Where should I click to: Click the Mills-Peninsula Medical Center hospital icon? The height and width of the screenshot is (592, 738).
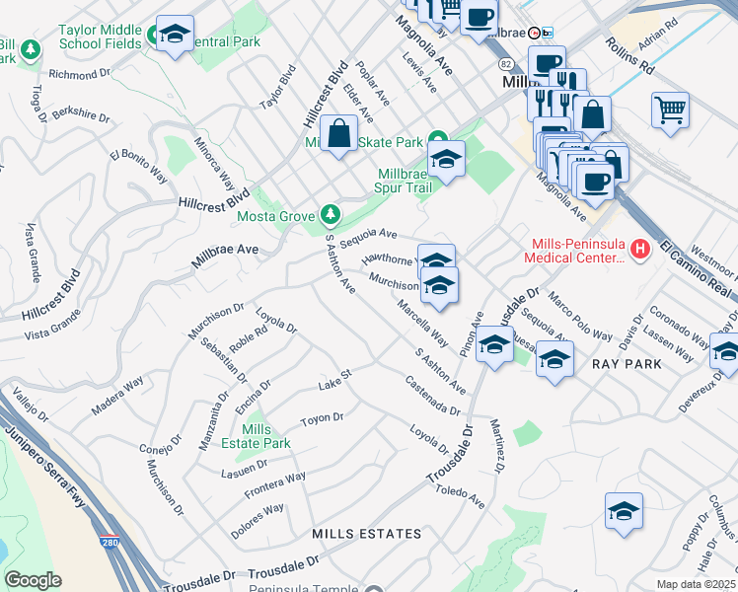(x=639, y=249)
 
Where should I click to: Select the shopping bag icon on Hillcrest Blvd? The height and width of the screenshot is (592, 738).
(x=337, y=133)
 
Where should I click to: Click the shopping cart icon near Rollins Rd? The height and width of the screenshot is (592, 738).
(x=670, y=109)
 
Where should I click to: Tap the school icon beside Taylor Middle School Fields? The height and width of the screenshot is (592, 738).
(x=175, y=36)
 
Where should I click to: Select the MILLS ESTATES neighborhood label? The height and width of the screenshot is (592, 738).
(x=366, y=534)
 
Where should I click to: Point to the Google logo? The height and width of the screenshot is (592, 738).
(x=33, y=580)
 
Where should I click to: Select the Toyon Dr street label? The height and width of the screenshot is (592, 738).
(x=322, y=418)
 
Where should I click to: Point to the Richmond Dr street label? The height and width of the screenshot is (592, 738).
(x=79, y=74)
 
